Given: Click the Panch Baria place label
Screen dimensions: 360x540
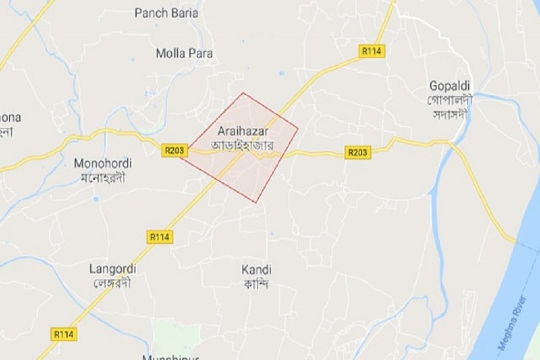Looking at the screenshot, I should click(166, 13).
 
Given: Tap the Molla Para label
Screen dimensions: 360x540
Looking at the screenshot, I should click(184, 53).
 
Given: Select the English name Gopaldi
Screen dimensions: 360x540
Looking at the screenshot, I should click(449, 86).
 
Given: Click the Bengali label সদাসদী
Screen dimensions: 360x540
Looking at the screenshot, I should click(449, 114).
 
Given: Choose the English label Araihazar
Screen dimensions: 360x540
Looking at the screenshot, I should click(243, 131).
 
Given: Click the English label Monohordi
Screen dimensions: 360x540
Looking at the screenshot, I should click(103, 163).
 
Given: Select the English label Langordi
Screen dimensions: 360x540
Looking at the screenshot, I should click(112, 268).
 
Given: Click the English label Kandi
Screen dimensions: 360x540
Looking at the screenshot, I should click(256, 269).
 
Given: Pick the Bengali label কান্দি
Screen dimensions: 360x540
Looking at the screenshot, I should click(256, 283).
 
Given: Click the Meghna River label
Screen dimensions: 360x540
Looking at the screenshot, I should click(512, 323).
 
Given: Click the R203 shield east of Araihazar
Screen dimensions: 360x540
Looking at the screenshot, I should click(358, 152).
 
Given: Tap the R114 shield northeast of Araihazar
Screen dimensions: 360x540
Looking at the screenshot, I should click(372, 51).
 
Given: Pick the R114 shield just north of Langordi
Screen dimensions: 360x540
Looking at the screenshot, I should click(159, 237).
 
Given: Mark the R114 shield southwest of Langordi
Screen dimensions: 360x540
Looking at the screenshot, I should click(64, 334).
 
